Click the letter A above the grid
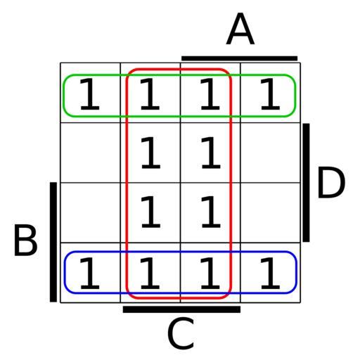coord(240,29)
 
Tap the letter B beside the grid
coord(25,240)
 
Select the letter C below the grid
coord(181,333)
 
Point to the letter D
coord(331,182)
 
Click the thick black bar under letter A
coord(240,58)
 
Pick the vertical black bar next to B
coord(53,242)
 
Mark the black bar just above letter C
coord(181,309)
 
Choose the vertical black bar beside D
coord(306,183)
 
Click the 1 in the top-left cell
coord(90,94)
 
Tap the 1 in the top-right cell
coord(270,94)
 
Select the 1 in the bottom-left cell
coord(90,273)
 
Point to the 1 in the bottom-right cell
coord(270,273)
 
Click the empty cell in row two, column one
coord(91,153)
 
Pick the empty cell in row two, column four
coord(271,153)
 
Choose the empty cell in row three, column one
coord(91,212)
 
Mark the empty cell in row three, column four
coord(271,212)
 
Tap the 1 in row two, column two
coord(150,153)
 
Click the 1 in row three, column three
coord(211,212)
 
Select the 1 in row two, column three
coord(211,153)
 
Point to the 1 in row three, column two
coord(150,212)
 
